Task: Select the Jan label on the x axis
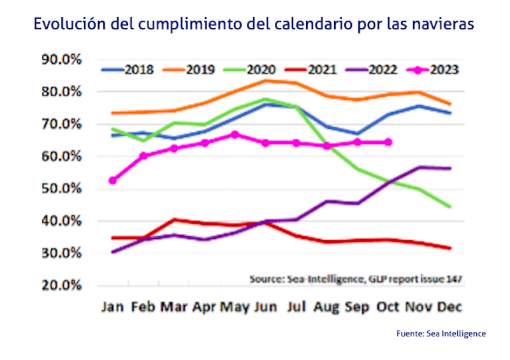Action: [112, 306]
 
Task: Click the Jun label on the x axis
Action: [265, 306]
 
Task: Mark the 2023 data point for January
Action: [113, 180]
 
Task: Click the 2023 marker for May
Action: [235, 134]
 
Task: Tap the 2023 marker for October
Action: [389, 142]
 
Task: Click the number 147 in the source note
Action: [454, 278]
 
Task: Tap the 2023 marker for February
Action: [143, 155]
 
